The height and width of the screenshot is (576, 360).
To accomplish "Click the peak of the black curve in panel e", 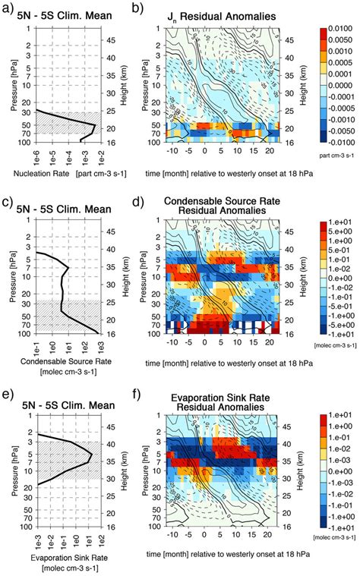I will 93,455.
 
